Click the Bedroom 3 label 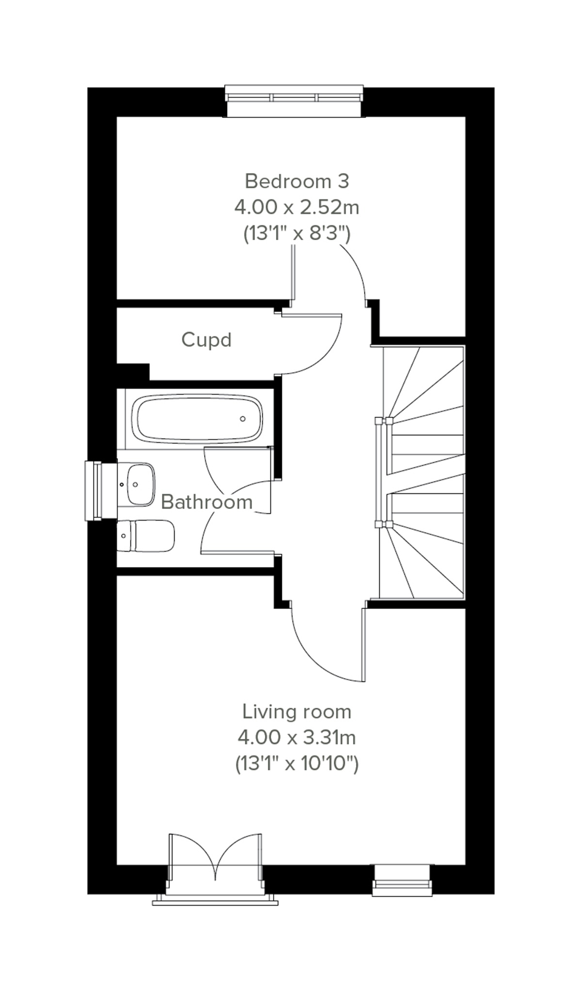(x=296, y=181)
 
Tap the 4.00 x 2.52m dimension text (x=296, y=208)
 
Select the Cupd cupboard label (x=206, y=340)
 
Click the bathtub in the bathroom (x=199, y=419)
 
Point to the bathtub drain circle (x=242, y=419)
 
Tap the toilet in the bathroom (x=145, y=536)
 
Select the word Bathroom (x=207, y=502)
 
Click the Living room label (x=296, y=712)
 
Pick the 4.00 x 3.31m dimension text (x=296, y=738)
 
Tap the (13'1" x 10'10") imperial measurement (x=296, y=764)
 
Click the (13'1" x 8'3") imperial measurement (x=296, y=234)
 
